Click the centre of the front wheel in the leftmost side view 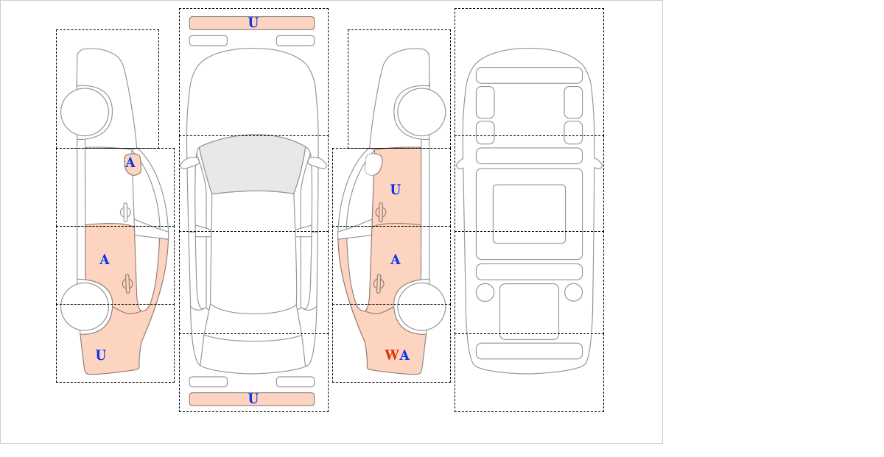(x=85, y=113)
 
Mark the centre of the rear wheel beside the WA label (x=421, y=306)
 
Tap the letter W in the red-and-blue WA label (x=391, y=355)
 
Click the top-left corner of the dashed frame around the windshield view (x=180, y=135)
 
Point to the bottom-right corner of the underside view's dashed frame (x=604, y=411)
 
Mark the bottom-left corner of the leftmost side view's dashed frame (x=56, y=382)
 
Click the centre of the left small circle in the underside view (x=485, y=293)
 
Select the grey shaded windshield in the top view (x=253, y=165)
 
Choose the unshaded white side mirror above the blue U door (x=373, y=164)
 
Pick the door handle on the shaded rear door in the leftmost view (x=127, y=283)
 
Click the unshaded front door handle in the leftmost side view (x=125, y=212)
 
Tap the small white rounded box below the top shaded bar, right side (x=295, y=40)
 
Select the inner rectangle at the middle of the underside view (x=529, y=213)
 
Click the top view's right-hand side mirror (x=317, y=162)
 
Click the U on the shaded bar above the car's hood (x=253, y=23)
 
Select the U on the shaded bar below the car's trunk (x=253, y=399)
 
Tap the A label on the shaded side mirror (x=130, y=163)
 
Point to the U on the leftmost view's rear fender (x=101, y=355)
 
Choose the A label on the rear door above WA (x=396, y=260)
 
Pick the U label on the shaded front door (x=396, y=189)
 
